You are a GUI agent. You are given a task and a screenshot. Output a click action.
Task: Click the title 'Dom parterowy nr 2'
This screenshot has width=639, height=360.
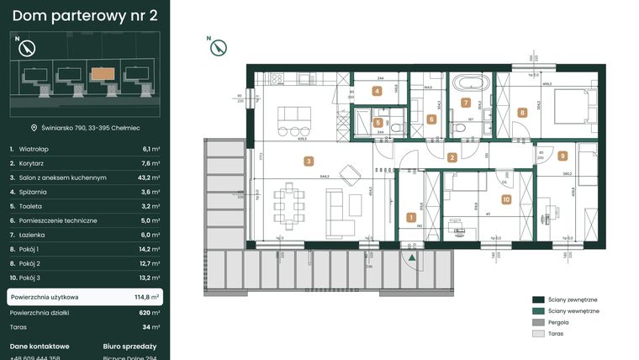click(84, 14)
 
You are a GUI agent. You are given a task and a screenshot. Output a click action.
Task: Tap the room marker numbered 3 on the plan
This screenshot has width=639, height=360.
click(309, 161)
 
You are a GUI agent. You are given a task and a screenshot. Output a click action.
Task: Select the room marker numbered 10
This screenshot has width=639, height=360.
click(505, 199)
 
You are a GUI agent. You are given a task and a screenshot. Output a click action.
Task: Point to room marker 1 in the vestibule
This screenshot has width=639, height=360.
click(411, 217)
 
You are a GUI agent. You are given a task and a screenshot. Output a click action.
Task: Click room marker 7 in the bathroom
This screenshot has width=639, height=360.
click(466, 103)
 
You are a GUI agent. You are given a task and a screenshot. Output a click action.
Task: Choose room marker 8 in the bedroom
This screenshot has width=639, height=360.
click(522, 112)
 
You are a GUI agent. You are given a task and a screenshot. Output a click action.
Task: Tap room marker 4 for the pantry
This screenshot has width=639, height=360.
click(378, 91)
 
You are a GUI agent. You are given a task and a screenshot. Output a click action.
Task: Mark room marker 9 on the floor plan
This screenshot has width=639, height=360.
click(562, 156)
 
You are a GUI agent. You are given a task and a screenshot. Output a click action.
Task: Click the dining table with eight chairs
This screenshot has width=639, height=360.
click(290, 204)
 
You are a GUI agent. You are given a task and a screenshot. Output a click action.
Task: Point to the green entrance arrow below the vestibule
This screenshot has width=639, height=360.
click(411, 257)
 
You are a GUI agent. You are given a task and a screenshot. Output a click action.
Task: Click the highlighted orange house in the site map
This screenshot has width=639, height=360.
click(106, 73)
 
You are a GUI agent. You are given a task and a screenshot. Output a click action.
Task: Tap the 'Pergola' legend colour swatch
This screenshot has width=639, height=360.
click(538, 322)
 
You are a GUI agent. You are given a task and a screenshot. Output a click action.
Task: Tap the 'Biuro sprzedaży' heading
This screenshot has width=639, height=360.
click(129, 346)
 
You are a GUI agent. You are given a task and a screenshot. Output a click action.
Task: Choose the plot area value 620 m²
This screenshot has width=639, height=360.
click(150, 312)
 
